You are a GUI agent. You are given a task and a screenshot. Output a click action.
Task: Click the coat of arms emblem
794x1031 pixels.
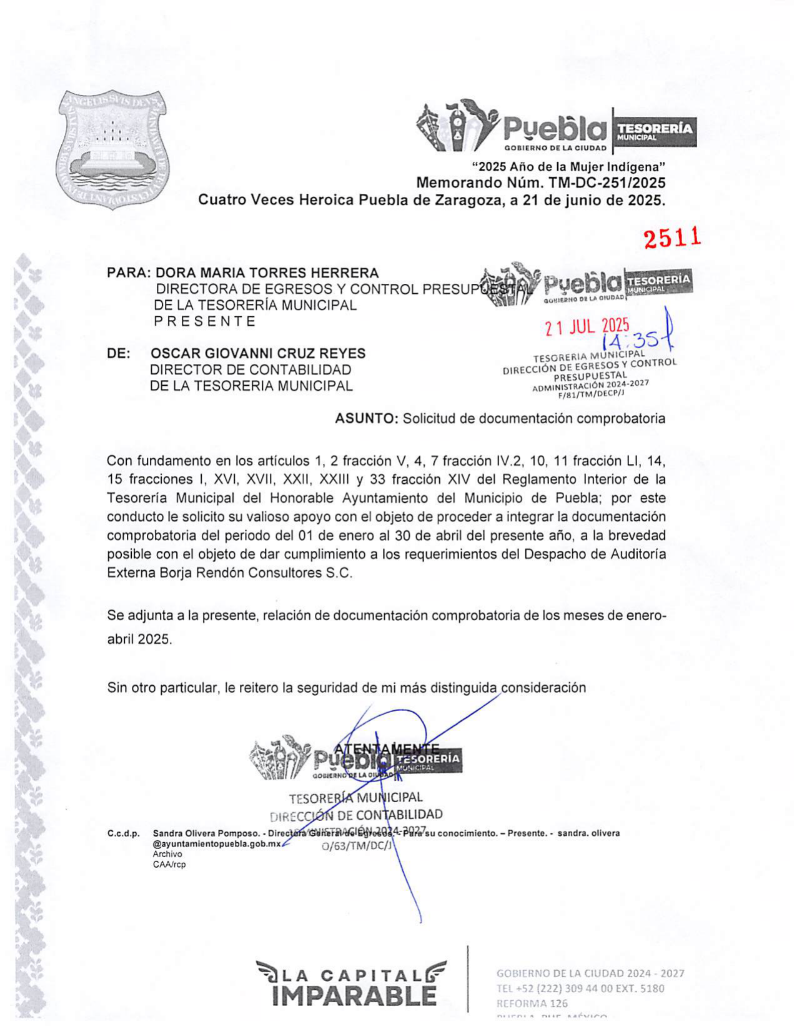(112, 150)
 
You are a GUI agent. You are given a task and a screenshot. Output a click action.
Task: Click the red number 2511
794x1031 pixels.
(672, 238)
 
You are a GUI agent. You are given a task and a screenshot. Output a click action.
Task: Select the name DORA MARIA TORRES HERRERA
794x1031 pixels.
(267, 273)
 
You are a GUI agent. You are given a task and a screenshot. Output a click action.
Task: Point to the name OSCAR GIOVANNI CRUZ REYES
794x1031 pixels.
(258, 353)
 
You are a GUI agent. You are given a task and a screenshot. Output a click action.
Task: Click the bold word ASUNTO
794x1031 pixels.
(366, 419)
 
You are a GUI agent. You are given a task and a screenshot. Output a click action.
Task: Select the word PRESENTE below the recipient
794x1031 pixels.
(205, 321)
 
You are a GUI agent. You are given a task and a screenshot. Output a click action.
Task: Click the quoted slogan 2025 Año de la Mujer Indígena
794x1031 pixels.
(568, 167)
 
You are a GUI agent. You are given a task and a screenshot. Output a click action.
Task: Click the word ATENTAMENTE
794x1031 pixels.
(387, 748)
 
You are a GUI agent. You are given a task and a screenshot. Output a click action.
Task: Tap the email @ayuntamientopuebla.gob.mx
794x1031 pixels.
(217, 843)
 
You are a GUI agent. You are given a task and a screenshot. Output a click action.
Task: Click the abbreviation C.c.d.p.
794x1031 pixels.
(123, 833)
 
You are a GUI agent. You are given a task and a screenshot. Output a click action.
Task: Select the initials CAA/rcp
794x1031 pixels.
(169, 865)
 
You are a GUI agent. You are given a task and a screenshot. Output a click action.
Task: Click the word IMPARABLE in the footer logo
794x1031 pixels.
(354, 995)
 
